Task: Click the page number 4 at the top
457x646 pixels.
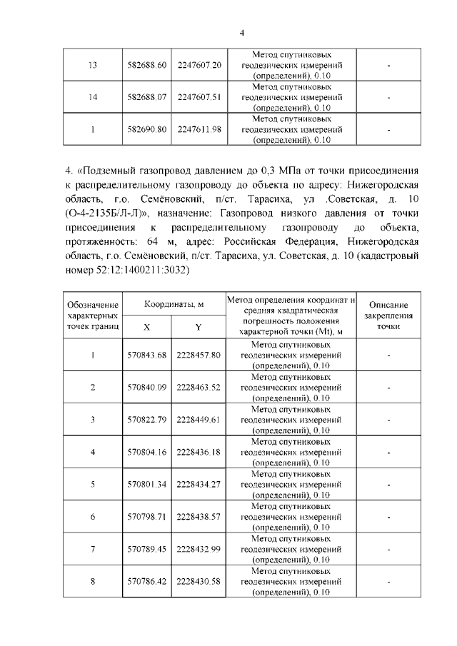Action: click(x=242, y=33)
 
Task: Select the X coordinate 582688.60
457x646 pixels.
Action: click(x=146, y=65)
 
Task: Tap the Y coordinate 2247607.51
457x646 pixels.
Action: click(x=199, y=97)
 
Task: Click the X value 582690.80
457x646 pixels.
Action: click(x=146, y=129)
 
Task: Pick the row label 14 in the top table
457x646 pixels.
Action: click(x=93, y=97)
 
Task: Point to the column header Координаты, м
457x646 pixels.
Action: click(x=174, y=303)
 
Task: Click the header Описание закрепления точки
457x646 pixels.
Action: click(x=388, y=315)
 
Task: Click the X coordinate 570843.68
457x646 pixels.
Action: click(x=146, y=355)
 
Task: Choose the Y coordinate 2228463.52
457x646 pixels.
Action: click(x=199, y=387)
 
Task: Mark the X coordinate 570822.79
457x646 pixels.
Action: click(x=146, y=419)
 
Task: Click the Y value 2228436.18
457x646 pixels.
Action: click(x=199, y=452)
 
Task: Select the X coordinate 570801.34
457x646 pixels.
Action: click(x=146, y=484)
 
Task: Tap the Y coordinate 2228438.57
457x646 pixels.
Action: click(x=199, y=516)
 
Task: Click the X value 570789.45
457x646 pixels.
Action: click(x=146, y=548)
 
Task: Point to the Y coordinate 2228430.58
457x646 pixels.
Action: click(x=199, y=581)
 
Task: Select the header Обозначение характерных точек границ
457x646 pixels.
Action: click(x=93, y=315)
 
